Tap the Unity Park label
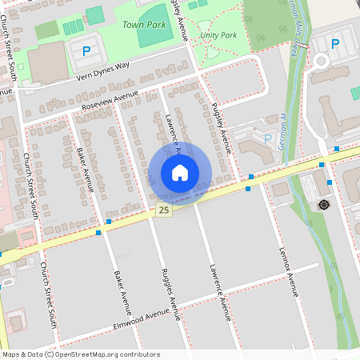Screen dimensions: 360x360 coord(218,36)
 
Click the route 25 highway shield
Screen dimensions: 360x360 coord(163,210)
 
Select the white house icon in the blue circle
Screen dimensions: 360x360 coord(180,173)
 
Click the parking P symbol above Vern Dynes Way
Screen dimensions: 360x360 coord(86,51)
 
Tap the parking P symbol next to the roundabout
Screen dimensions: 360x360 coord(335,44)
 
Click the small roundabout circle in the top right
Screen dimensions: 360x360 coord(322,61)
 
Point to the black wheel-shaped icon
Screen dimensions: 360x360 coord(324,205)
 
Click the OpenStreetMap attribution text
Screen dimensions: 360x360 coord(81,354)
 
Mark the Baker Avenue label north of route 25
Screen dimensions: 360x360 coord(86,169)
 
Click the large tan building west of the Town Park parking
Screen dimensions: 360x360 coord(48,62)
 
